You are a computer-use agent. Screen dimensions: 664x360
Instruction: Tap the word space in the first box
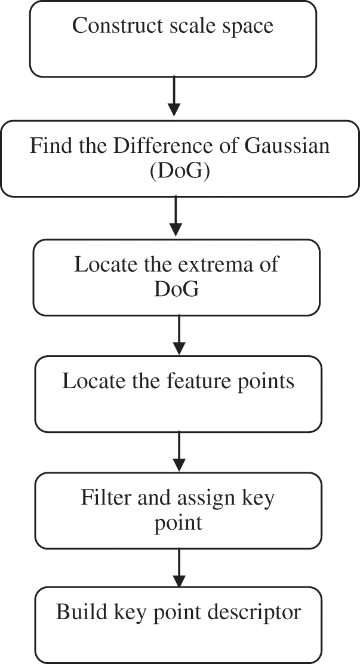pyautogui.click(x=247, y=27)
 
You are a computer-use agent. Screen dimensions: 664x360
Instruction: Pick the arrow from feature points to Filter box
pyautogui.click(x=179, y=451)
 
